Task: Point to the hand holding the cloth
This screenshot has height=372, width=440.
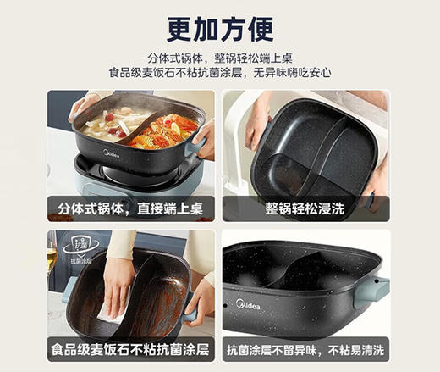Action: coord(118,284)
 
